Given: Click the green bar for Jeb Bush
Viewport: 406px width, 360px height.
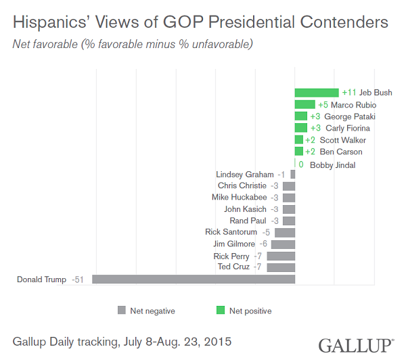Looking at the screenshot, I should pyautogui.click(x=316, y=93).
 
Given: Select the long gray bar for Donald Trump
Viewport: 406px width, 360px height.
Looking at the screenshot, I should pyautogui.click(x=194, y=279).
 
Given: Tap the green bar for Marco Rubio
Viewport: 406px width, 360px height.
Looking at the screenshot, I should pyautogui.click(x=304, y=105).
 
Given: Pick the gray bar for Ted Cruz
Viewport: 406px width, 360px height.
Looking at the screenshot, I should pyautogui.click(x=281, y=267).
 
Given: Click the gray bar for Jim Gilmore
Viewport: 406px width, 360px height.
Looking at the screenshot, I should pyautogui.click(x=283, y=244).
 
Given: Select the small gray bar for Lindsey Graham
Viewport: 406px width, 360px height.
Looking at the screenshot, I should pyautogui.click(x=293, y=175).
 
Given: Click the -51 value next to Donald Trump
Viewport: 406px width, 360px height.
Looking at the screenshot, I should pyautogui.click(x=79, y=279).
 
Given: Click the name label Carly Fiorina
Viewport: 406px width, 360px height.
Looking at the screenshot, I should pyautogui.click(x=348, y=128).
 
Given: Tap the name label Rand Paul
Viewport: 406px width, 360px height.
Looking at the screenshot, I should pyautogui.click(x=248, y=221).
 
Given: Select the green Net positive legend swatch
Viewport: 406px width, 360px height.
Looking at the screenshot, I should pyautogui.click(x=220, y=311).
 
